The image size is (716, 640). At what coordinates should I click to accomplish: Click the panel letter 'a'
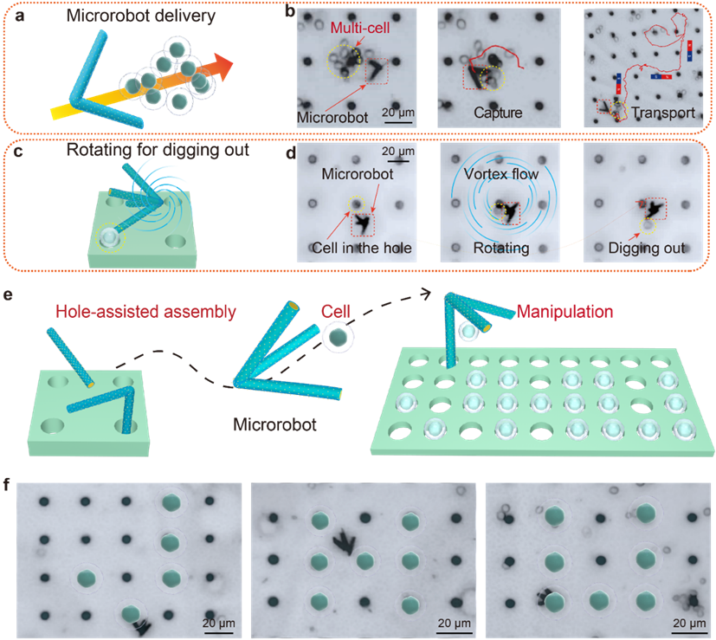click(19, 16)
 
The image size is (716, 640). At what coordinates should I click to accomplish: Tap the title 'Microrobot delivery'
click(140, 16)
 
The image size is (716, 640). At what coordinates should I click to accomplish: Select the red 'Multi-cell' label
click(360, 28)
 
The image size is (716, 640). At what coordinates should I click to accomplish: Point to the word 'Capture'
click(498, 113)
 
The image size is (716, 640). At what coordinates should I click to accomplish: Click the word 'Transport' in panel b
click(663, 113)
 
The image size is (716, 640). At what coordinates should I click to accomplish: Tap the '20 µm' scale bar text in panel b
click(398, 113)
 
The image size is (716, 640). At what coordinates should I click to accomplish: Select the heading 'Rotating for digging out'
click(158, 150)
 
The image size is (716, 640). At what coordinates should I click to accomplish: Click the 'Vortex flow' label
click(501, 174)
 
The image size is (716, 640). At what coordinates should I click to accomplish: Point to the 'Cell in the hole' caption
click(362, 248)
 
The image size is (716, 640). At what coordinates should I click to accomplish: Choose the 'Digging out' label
click(647, 248)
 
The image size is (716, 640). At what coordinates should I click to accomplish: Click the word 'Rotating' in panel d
click(501, 248)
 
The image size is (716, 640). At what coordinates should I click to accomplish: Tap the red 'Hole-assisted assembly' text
click(145, 312)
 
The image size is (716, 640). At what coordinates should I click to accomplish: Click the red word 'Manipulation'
click(564, 312)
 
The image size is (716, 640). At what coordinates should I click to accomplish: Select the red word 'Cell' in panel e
click(335, 312)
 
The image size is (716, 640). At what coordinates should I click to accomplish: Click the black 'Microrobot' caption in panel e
click(274, 425)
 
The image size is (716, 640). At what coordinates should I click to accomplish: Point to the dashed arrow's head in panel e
click(426, 294)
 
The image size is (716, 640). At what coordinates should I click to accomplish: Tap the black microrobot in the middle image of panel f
click(344, 542)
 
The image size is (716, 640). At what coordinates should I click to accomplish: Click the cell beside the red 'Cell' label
click(339, 338)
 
